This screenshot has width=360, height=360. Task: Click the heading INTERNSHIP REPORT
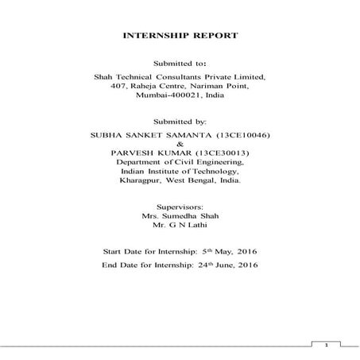[180, 37]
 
